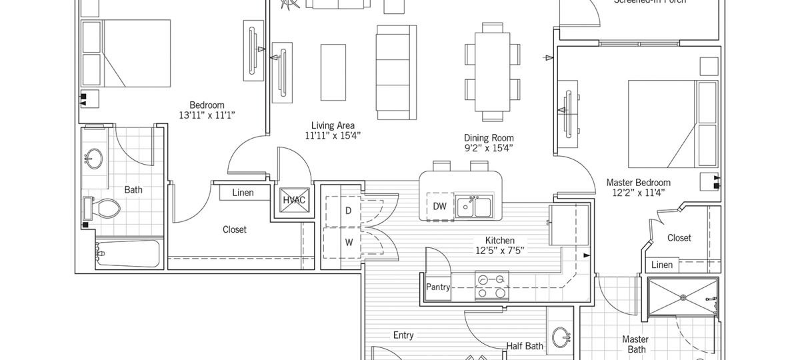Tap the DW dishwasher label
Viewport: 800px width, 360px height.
439,206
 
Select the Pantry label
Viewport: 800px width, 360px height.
438,287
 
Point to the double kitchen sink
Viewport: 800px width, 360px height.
473,207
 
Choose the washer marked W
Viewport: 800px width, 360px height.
347,242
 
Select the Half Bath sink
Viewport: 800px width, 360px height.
561,337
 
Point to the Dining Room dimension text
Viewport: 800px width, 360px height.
489,148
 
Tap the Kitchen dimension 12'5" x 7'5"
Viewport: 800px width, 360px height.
500,251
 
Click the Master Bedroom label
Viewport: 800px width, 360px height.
638,182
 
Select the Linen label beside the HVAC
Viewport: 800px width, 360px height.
243,193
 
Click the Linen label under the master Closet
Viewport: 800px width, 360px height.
661,265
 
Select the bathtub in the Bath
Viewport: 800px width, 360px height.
128,254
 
